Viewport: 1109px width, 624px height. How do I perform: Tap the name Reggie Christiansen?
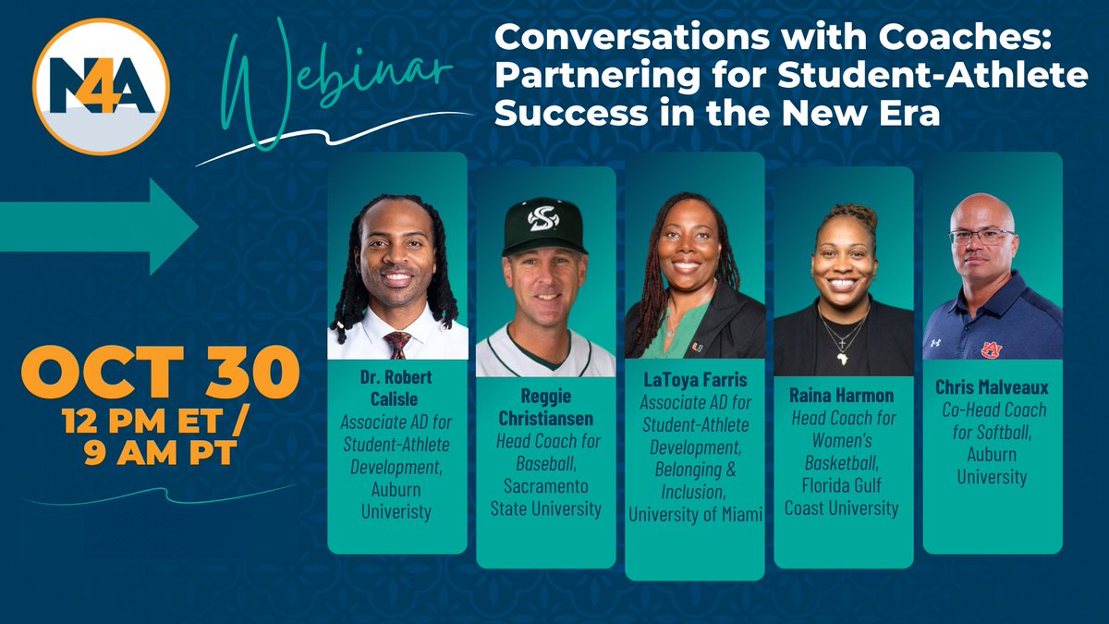click(x=545, y=406)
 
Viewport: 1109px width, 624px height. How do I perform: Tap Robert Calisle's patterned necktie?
click(x=397, y=344)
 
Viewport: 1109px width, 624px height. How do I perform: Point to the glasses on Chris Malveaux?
click(x=981, y=236)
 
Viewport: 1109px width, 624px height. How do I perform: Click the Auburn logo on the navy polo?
click(x=992, y=349)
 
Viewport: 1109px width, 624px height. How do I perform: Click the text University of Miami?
click(x=695, y=515)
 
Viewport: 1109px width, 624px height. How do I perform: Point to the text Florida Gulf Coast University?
click(x=843, y=497)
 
